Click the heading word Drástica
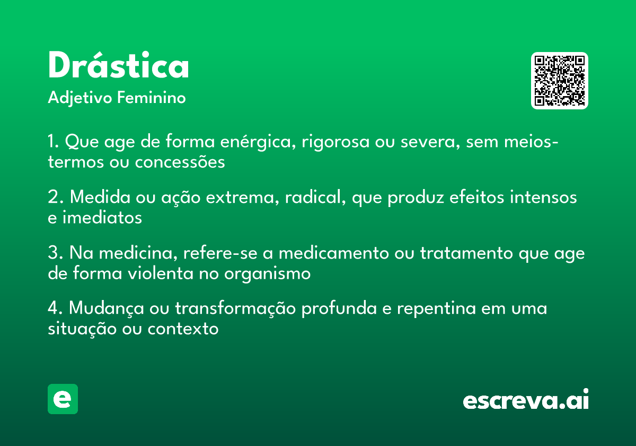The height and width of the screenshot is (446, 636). (x=118, y=66)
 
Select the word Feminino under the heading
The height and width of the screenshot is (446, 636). (x=151, y=98)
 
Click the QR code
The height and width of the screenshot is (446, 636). (x=560, y=81)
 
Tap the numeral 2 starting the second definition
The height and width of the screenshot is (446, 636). (x=52, y=198)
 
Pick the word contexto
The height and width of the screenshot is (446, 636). (x=183, y=329)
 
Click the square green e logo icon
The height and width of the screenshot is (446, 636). (x=63, y=399)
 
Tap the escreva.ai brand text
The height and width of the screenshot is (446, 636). (x=526, y=400)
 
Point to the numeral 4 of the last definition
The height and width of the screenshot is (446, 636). (x=52, y=308)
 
